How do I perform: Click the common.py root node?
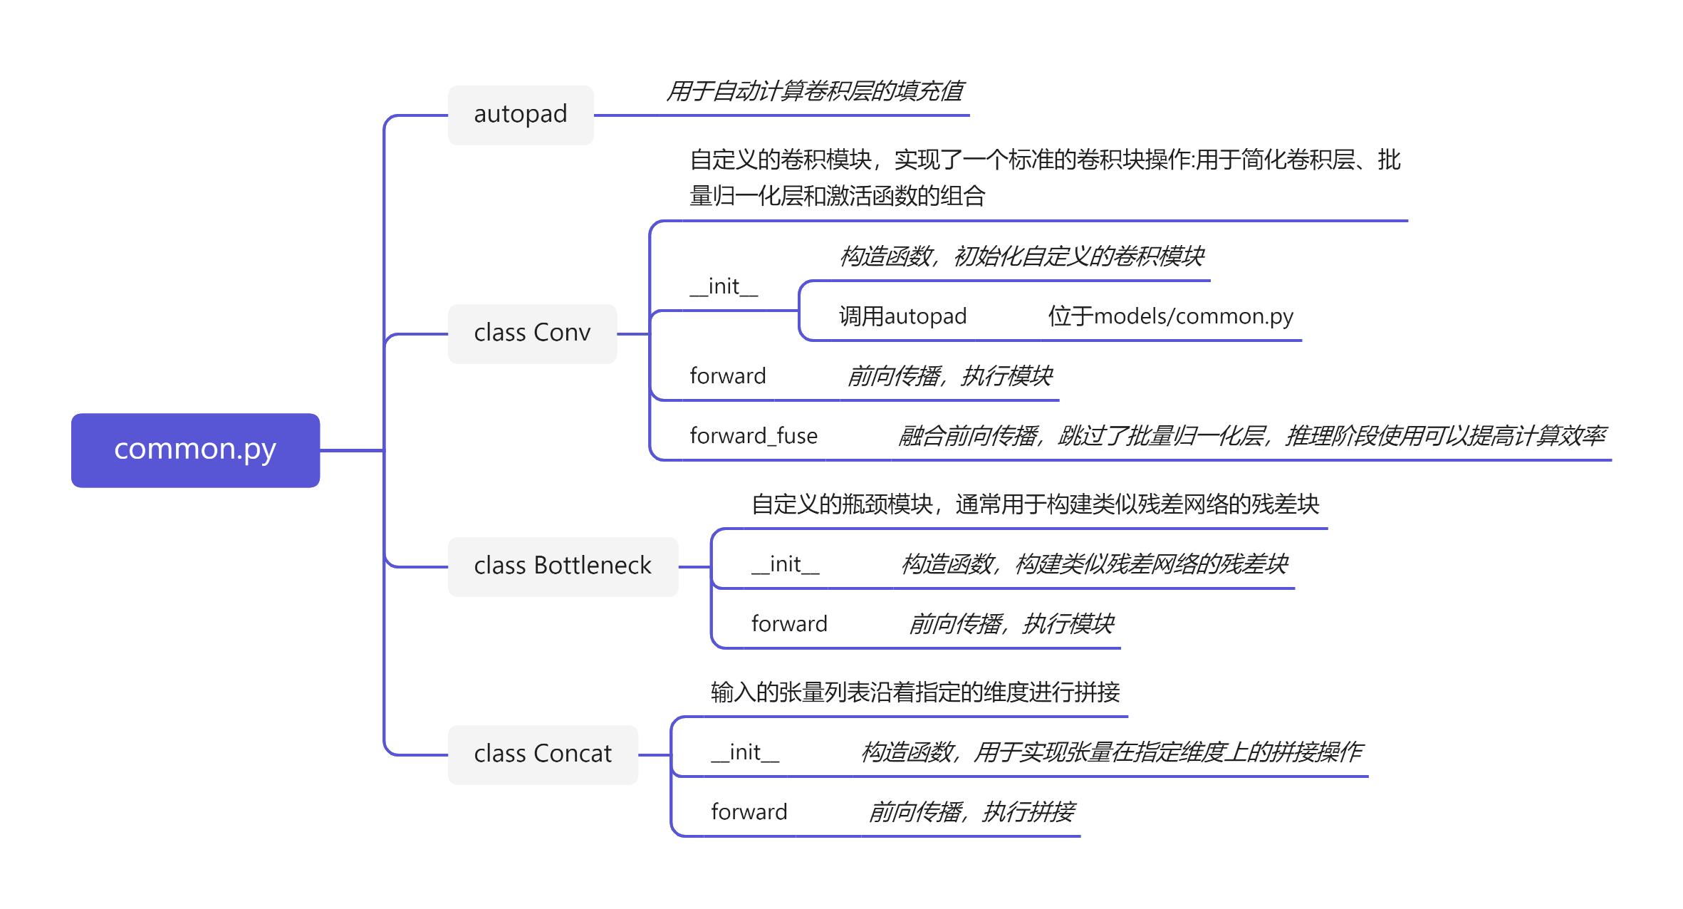point(195,450)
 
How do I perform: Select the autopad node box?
point(521,115)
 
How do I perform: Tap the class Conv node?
point(532,333)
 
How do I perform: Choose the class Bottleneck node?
point(563,566)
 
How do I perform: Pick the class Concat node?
point(543,754)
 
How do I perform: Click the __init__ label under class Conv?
point(724,286)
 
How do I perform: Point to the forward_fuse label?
point(754,436)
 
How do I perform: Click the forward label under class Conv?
point(728,376)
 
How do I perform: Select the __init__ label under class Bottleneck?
point(786,564)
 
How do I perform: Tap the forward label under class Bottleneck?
point(789,624)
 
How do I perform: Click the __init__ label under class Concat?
point(745,752)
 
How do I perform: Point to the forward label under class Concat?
point(749,812)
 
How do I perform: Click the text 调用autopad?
point(902,316)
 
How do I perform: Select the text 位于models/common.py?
point(1170,316)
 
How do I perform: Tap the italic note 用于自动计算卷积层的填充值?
point(815,91)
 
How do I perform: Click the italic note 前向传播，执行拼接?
point(971,812)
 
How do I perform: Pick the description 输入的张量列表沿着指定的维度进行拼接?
point(915,692)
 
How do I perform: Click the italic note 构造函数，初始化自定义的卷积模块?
point(1021,256)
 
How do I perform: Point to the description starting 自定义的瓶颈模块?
point(1035,504)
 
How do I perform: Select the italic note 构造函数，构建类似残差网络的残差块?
point(1094,564)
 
